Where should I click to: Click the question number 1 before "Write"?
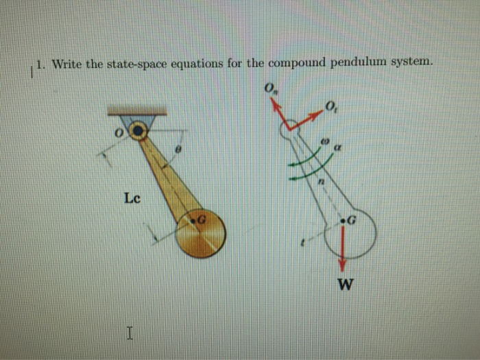[x=40, y=66]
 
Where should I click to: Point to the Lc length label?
[x=133, y=198]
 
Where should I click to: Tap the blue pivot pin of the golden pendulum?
[x=140, y=130]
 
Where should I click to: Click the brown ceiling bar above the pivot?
[x=136, y=110]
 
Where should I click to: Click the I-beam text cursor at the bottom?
[x=130, y=334]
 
